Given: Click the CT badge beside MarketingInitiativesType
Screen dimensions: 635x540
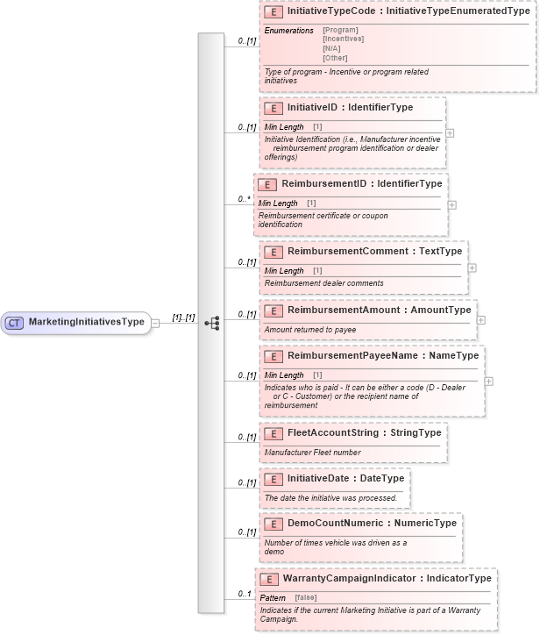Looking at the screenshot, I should tap(15, 322).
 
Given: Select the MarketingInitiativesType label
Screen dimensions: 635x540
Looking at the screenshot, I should tap(86, 322).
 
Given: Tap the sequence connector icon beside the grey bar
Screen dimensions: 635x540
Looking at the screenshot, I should tap(211, 322).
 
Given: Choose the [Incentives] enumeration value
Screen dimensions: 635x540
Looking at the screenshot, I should tap(343, 39).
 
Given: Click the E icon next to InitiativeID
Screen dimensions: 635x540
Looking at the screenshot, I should tap(274, 108).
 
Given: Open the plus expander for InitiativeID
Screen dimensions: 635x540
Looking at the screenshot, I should tap(450, 134).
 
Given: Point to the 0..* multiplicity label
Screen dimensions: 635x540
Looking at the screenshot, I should tap(245, 200).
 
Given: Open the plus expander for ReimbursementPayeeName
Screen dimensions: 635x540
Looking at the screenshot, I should tap(488, 381).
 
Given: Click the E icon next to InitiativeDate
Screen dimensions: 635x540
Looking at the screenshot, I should tap(274, 479).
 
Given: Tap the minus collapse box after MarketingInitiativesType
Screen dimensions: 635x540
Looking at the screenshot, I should tap(155, 322).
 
